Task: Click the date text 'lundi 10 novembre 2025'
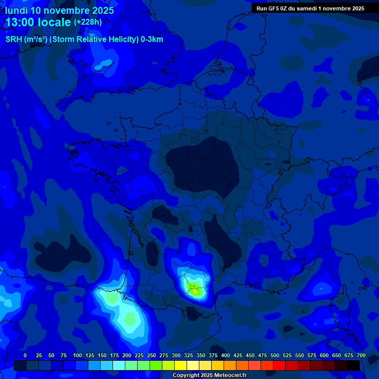tap(59, 10)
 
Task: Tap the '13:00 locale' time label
tap(38, 22)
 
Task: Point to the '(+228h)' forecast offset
tap(88, 22)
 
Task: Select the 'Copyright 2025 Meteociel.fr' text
tap(209, 375)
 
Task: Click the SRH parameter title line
tap(84, 39)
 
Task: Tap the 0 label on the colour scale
tap(25, 355)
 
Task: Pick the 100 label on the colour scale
tap(77, 355)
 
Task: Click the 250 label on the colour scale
tap(152, 355)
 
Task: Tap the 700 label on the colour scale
tap(361, 355)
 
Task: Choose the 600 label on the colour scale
tap(324, 355)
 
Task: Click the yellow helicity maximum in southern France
tap(195, 290)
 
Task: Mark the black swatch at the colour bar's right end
tap(353, 365)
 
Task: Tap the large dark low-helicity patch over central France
tap(202, 165)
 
